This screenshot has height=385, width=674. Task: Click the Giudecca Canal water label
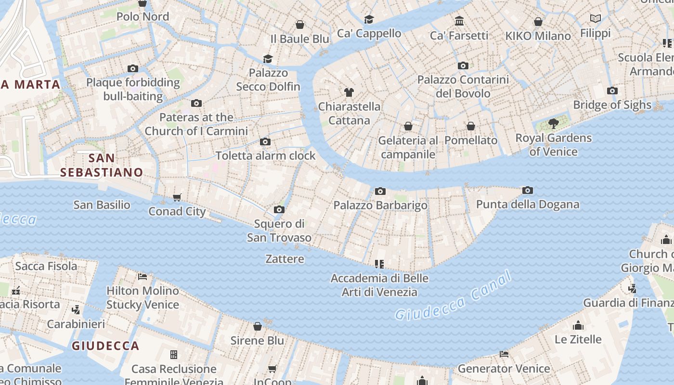453,296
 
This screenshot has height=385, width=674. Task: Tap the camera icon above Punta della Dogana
528,191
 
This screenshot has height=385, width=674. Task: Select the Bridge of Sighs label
612,105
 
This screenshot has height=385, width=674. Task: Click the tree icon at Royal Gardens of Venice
554,124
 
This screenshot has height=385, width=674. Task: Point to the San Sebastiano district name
102,165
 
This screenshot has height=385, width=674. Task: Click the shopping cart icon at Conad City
177,197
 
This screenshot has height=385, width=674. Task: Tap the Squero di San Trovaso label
279,231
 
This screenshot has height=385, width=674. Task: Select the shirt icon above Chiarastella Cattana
349,92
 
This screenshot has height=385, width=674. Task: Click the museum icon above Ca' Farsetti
459,21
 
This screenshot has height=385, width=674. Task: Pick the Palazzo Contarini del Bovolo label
463,86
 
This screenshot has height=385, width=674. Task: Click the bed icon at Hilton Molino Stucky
143,277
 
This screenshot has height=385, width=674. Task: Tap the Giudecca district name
105,346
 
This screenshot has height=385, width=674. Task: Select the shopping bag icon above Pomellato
471,126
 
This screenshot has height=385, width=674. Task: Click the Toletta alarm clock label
265,155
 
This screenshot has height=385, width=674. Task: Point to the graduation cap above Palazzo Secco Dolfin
268,59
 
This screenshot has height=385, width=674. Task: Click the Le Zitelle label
578,339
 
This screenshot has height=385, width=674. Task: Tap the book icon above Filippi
596,19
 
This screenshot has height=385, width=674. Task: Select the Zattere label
285,259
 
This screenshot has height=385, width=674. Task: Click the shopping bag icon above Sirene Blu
258,326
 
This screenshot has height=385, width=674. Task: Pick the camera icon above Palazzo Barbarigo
380,192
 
